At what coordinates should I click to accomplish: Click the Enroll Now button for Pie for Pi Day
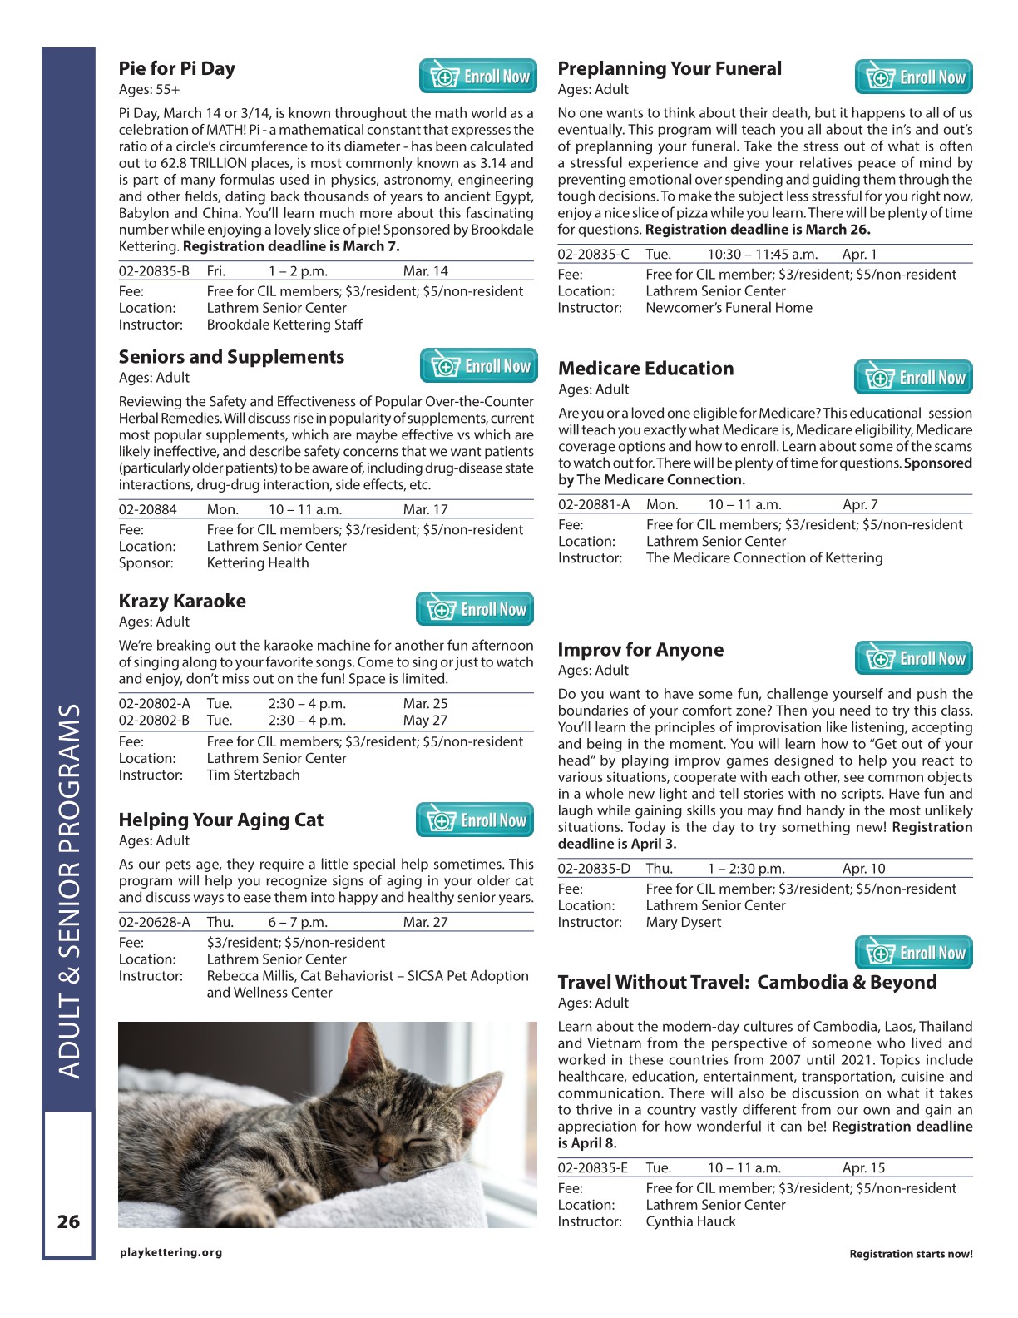478,77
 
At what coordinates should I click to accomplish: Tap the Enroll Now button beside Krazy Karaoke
475,609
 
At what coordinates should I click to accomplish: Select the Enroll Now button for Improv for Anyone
913,658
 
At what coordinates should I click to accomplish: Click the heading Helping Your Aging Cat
220,820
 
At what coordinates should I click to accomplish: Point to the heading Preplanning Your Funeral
670,69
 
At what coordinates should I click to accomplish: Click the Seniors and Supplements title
231,357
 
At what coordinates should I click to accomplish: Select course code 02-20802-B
154,721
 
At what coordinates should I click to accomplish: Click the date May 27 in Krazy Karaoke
425,721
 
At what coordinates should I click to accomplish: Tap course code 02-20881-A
594,504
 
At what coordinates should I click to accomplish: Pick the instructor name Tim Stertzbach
253,775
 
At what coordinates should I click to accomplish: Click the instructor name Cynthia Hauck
690,1221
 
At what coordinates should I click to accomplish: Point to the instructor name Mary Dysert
683,922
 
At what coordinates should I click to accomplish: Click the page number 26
68,1221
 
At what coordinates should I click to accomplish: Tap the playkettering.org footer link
171,1252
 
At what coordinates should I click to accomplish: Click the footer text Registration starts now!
911,1254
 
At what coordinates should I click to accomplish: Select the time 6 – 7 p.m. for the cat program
298,922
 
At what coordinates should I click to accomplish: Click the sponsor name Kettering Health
258,563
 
